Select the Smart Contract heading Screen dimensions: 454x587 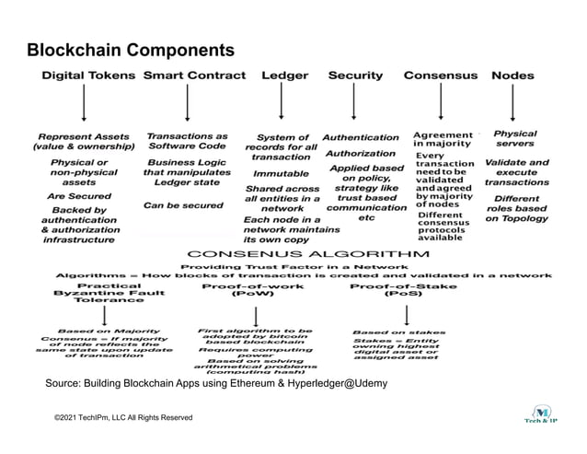(195, 76)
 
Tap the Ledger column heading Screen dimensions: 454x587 (285, 76)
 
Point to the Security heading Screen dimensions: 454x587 (355, 76)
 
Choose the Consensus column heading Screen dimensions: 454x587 (441, 76)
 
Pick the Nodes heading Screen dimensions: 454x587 (512, 76)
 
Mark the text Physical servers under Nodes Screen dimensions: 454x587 (515, 139)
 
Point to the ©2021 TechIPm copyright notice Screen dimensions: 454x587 (123, 418)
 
